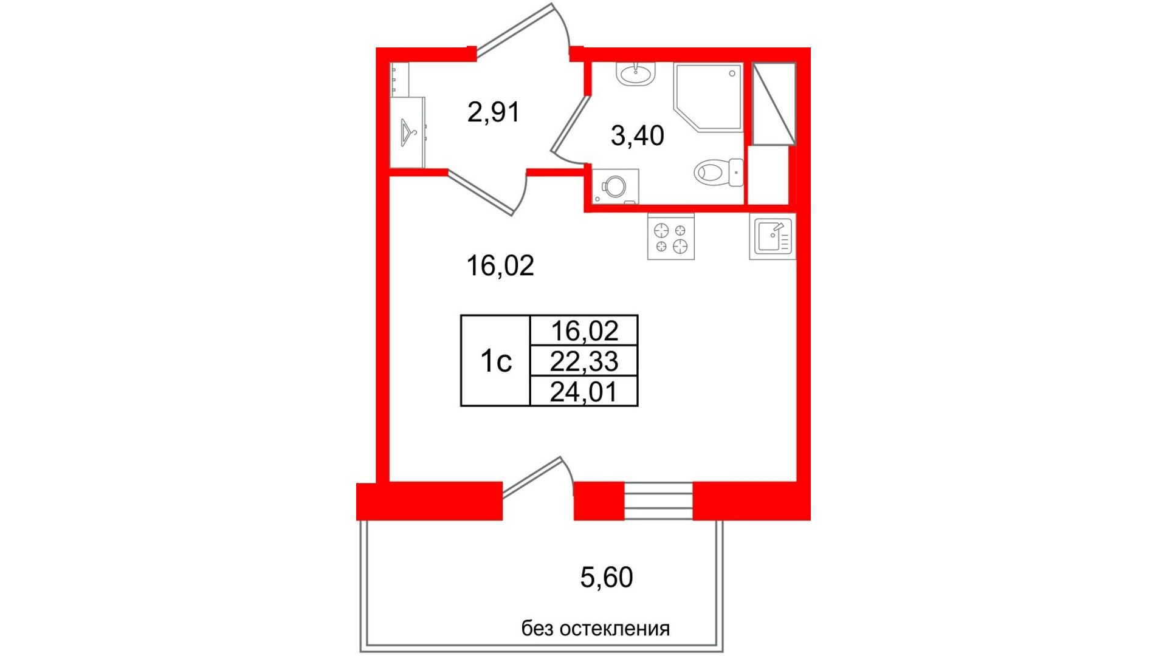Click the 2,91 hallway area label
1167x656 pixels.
point(493,112)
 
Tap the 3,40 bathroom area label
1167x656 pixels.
point(637,135)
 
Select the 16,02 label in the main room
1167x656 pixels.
point(500,265)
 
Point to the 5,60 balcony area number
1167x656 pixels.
point(606,577)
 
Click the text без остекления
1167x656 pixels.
point(595,628)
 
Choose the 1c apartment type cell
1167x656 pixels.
point(495,361)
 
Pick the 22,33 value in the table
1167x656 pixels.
point(584,361)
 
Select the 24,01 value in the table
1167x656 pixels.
point(584,392)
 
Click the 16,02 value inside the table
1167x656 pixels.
point(584,331)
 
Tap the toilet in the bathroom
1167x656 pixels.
point(718,173)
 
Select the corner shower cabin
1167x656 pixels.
point(707,97)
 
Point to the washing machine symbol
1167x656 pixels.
point(615,186)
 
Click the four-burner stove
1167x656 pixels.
point(671,237)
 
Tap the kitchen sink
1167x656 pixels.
point(773,237)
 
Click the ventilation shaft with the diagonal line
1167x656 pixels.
point(774,104)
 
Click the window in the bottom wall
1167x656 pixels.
point(658,501)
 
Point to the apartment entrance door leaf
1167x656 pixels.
point(514,28)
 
